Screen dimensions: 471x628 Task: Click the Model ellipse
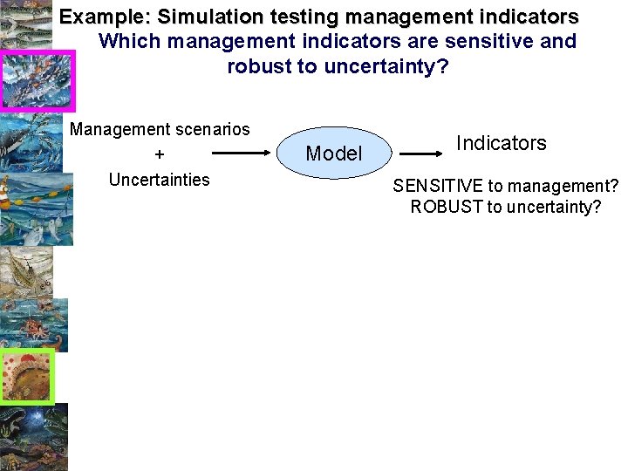[334, 154]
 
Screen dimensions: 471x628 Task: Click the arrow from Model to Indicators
[421, 154]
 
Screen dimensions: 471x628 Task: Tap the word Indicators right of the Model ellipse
[502, 143]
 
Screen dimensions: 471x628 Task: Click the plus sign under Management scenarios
[159, 154]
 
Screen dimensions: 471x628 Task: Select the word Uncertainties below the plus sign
[159, 180]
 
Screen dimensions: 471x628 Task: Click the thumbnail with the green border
[27, 376]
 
